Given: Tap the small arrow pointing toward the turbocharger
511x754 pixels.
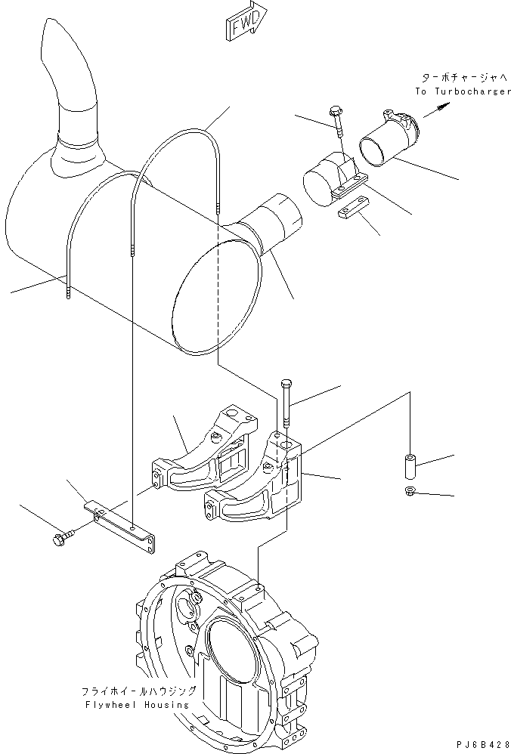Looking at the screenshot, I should tap(432, 112).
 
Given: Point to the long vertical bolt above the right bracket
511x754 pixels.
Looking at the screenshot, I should tap(286, 404).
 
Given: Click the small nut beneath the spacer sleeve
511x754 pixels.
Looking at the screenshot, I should tap(409, 493).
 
